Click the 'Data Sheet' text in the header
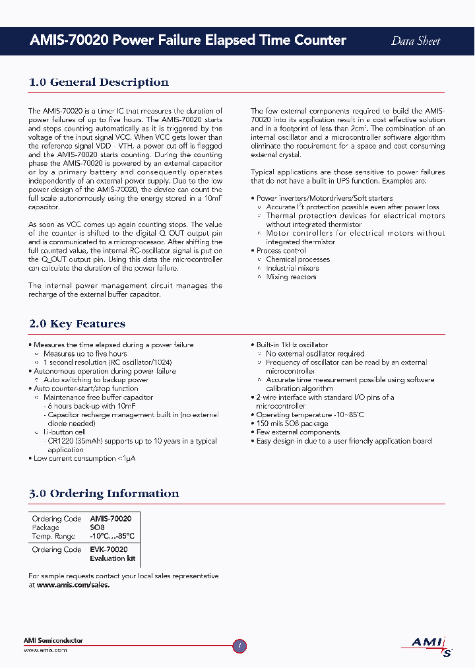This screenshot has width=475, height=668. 416,41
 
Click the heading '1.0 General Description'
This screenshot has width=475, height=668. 99,83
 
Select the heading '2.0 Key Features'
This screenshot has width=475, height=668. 77,324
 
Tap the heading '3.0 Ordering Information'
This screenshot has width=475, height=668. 104,494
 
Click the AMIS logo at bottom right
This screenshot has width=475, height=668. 427,644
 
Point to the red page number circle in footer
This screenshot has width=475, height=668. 240,646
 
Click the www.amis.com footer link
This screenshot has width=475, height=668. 45,650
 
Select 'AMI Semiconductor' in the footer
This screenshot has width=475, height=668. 53,640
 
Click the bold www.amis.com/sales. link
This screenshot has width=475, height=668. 73,585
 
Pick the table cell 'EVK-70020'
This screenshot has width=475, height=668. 109,549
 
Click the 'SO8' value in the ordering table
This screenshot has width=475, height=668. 97,527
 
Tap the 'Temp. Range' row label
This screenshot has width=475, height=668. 54,536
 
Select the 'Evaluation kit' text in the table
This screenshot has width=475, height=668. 112,558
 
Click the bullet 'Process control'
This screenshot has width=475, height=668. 281,251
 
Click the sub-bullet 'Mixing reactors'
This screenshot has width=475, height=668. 291,277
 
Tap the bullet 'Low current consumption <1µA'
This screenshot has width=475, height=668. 84,458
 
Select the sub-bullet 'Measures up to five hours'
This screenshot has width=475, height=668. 85,354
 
